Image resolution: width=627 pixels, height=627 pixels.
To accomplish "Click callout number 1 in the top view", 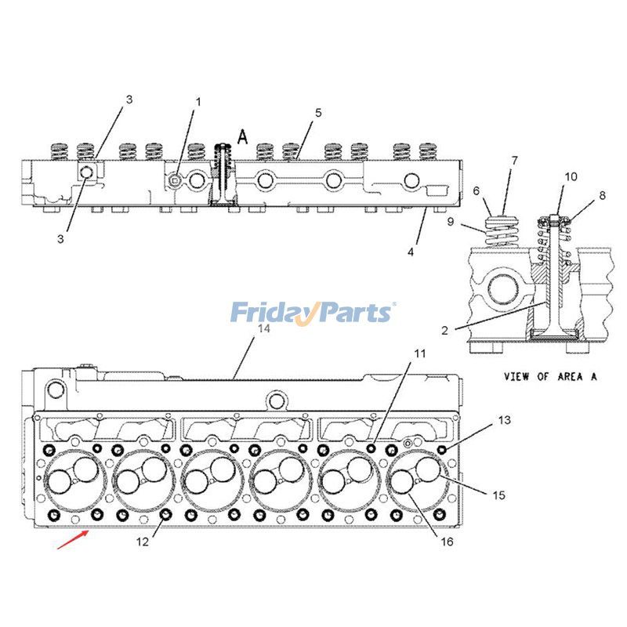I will coord(198,102).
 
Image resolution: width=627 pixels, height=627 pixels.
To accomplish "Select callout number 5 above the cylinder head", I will coord(318,113).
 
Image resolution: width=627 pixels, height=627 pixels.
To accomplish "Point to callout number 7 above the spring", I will coord(514,161).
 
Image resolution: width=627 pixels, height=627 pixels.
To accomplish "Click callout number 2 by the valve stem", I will coord(444,331).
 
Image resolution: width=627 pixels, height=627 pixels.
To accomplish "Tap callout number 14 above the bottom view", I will coord(264,328).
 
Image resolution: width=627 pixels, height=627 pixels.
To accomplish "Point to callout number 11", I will coord(420,353).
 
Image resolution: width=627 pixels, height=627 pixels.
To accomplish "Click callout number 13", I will coord(504,421).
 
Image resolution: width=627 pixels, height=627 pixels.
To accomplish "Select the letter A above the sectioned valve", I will coord(243,136).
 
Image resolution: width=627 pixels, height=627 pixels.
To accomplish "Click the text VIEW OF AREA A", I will coord(550,376).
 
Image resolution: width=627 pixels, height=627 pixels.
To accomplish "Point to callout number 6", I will coord(476,191).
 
